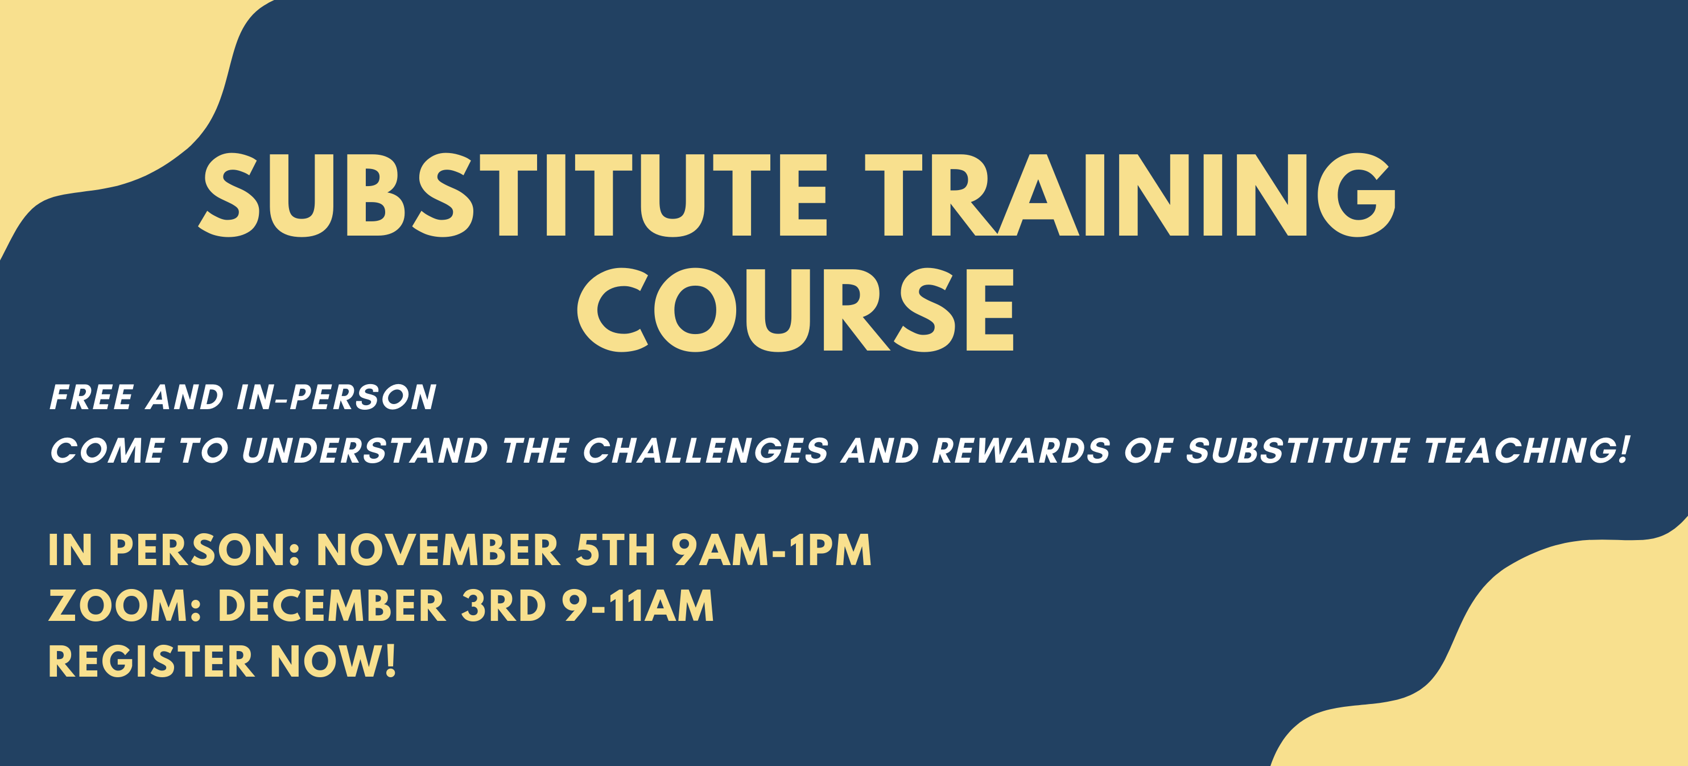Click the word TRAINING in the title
click(x=1130, y=195)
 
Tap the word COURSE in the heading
click(x=795, y=309)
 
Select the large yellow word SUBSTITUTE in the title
click(x=514, y=195)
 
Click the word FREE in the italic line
click(x=92, y=397)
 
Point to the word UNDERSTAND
click(x=365, y=451)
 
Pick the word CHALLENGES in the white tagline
click(x=705, y=451)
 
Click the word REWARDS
click(x=1021, y=451)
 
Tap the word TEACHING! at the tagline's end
click(x=1526, y=450)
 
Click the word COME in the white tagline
click(x=108, y=451)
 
